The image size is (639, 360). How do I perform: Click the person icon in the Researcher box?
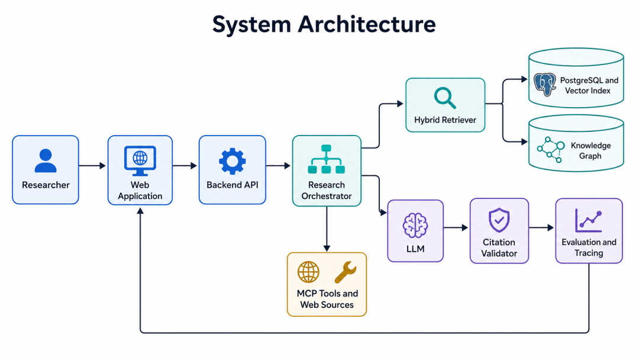coord(46,160)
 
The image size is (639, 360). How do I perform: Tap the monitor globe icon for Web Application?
coord(140,160)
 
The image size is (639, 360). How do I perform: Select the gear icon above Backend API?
coord(233,161)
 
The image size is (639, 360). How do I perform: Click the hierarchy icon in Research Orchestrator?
coord(327,159)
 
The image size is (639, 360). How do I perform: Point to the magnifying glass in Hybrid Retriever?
coord(444,98)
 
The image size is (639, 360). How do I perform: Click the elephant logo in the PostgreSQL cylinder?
coord(545,85)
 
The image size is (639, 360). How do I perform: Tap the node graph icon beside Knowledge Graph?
coord(551,150)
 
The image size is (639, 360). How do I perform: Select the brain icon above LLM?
coord(415,226)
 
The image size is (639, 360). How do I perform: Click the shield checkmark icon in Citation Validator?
coord(499,220)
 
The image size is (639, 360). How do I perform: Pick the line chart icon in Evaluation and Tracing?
coord(589,221)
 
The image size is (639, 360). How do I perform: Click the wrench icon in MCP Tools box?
coord(346,272)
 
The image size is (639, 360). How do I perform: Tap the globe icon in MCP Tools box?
coord(308,272)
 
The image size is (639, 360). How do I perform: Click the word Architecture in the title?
coord(367,24)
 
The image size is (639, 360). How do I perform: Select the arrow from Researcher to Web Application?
coord(92,166)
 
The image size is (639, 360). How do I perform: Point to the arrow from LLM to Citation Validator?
coord(456,227)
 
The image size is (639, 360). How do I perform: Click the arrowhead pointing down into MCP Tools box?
coord(327,248)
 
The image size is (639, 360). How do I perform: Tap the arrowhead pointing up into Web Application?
coord(140,211)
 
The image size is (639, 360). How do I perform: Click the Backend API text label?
coord(233,185)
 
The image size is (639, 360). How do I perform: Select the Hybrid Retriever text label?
coord(445,120)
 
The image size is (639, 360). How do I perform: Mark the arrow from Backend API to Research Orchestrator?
coord(278,166)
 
